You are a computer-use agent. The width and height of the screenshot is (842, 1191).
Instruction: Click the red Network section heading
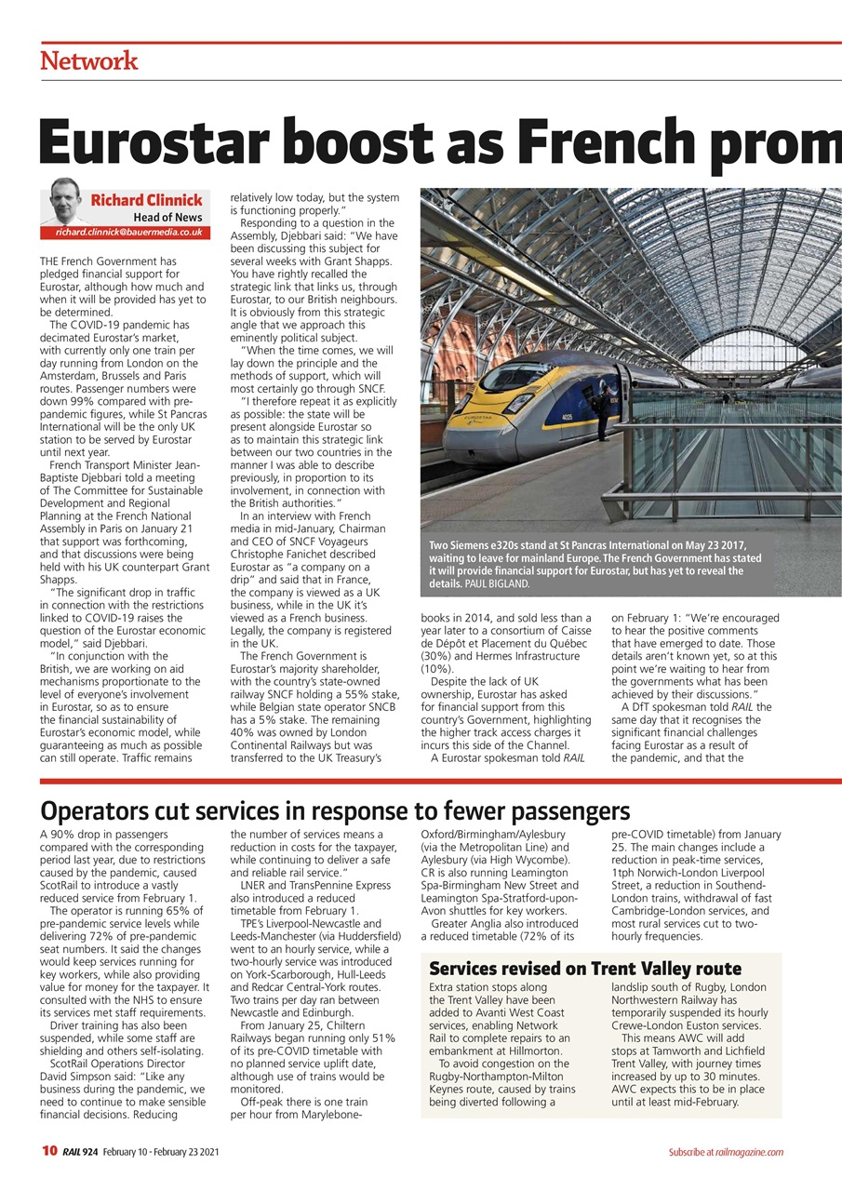pyautogui.click(x=89, y=61)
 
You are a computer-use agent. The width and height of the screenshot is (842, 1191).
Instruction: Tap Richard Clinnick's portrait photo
pyautogui.click(x=63, y=203)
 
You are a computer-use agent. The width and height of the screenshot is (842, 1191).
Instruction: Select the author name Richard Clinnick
pyautogui.click(x=146, y=200)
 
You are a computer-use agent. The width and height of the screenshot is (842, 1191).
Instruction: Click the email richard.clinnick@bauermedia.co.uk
pyautogui.click(x=128, y=232)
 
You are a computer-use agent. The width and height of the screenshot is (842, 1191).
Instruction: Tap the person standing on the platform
pyautogui.click(x=601, y=413)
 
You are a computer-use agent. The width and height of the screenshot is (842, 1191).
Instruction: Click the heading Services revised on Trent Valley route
pyautogui.click(x=585, y=969)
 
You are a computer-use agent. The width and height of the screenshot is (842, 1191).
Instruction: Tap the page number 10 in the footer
pyautogui.click(x=49, y=1151)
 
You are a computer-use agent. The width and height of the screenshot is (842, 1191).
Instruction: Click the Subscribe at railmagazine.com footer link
pyautogui.click(x=725, y=1152)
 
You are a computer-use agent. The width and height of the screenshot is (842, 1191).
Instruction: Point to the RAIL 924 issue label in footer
pyautogui.click(x=80, y=1152)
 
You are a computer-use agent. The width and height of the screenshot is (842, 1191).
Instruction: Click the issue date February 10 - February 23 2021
pyautogui.click(x=161, y=1152)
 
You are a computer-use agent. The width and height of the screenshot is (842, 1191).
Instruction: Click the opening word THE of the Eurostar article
pyautogui.click(x=53, y=261)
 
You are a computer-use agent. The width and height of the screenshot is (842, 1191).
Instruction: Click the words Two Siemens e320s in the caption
pyautogui.click(x=475, y=544)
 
